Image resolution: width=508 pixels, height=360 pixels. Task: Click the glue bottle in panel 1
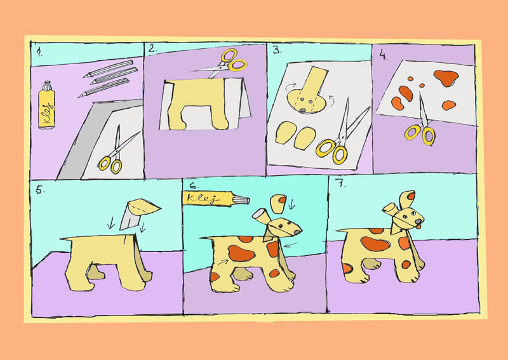(46, 105)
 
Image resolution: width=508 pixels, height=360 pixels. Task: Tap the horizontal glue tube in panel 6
(216, 198)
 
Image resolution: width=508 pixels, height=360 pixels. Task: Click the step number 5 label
(40, 190)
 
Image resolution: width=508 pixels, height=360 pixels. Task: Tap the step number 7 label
(342, 184)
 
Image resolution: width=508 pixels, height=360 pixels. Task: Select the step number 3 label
(276, 50)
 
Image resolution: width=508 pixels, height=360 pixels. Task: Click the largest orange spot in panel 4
(446, 77)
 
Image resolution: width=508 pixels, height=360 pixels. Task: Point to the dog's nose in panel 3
(302, 110)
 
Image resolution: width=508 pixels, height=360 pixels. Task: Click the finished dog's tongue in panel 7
(418, 226)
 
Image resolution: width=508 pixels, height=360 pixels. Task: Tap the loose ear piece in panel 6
(278, 204)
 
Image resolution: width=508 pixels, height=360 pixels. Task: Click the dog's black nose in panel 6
(297, 232)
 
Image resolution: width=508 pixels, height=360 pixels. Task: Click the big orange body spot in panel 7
(375, 244)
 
